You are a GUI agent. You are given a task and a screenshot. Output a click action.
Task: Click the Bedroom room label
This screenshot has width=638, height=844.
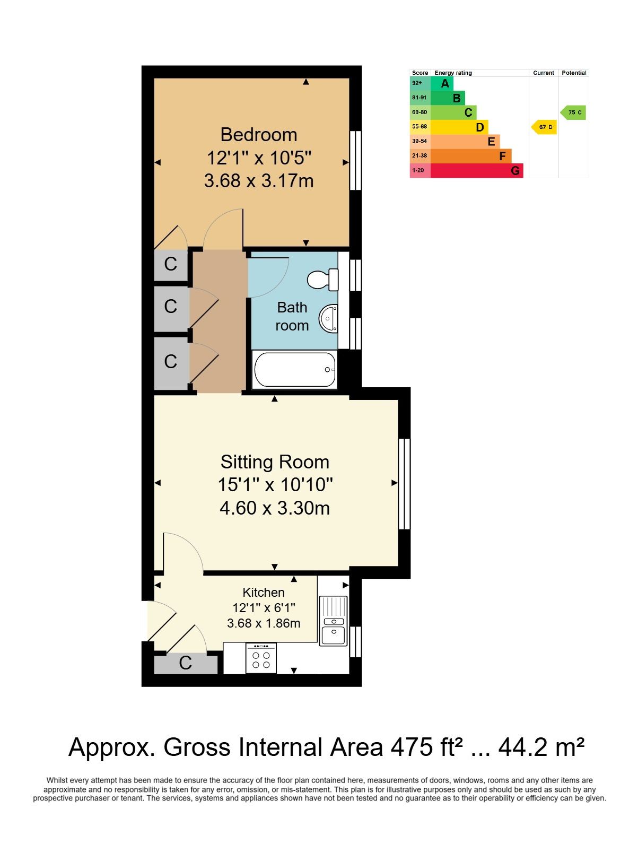(x=259, y=135)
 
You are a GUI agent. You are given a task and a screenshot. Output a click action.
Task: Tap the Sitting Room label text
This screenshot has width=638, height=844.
(x=275, y=462)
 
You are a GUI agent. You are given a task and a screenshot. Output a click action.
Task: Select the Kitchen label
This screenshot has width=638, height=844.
(x=264, y=592)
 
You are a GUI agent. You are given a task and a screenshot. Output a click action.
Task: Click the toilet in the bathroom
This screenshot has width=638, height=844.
(x=323, y=280)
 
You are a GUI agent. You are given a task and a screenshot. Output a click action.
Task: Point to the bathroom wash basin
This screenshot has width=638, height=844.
(x=328, y=318)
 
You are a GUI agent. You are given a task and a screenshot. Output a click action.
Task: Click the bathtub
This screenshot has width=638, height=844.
(x=294, y=370)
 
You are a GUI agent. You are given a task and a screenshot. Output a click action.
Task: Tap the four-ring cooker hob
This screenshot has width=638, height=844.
(x=261, y=658)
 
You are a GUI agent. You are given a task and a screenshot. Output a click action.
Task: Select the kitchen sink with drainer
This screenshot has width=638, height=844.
(x=333, y=620)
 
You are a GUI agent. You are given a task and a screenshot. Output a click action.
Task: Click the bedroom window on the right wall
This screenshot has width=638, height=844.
(x=355, y=160)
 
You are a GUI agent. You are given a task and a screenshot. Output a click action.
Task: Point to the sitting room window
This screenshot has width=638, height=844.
(x=404, y=484)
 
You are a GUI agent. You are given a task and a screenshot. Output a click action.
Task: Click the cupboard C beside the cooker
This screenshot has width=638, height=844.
(x=186, y=663)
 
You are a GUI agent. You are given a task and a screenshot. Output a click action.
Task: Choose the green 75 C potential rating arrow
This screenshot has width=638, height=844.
(x=573, y=112)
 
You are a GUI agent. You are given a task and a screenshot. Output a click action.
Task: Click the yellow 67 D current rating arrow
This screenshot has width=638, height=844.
(x=544, y=127)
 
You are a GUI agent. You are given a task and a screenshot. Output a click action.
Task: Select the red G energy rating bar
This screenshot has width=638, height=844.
(x=477, y=170)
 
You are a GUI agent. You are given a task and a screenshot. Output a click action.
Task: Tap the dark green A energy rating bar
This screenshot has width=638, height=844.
(x=442, y=83)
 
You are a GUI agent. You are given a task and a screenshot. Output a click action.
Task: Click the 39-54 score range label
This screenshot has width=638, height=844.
(x=419, y=141)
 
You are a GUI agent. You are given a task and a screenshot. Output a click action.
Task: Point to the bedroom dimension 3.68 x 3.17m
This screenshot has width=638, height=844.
(x=259, y=181)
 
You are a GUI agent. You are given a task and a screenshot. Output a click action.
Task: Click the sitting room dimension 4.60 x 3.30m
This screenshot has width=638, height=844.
(x=275, y=508)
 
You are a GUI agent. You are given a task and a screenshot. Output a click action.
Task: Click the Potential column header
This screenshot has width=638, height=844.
(x=574, y=73)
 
